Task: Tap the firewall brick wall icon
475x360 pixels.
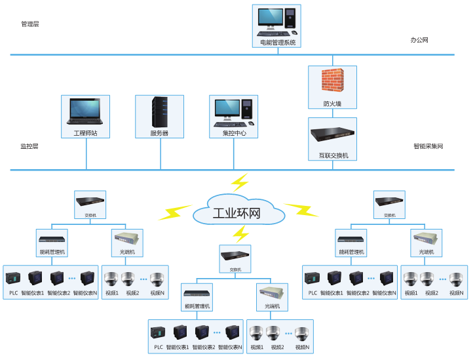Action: (x=332, y=82)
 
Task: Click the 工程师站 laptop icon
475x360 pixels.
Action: (x=85, y=111)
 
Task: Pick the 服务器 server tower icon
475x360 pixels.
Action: (x=159, y=111)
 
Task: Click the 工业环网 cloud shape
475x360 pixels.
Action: (x=237, y=211)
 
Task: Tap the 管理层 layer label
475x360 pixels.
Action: (x=30, y=24)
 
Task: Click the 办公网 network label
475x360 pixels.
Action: (x=419, y=41)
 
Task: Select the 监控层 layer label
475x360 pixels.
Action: (x=29, y=146)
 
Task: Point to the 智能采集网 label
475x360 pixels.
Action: (x=428, y=146)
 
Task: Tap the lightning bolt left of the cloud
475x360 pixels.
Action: (x=174, y=211)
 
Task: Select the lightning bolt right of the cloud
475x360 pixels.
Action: (x=301, y=210)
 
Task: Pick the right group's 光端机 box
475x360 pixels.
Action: (x=426, y=241)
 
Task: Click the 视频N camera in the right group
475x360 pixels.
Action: (x=457, y=279)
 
